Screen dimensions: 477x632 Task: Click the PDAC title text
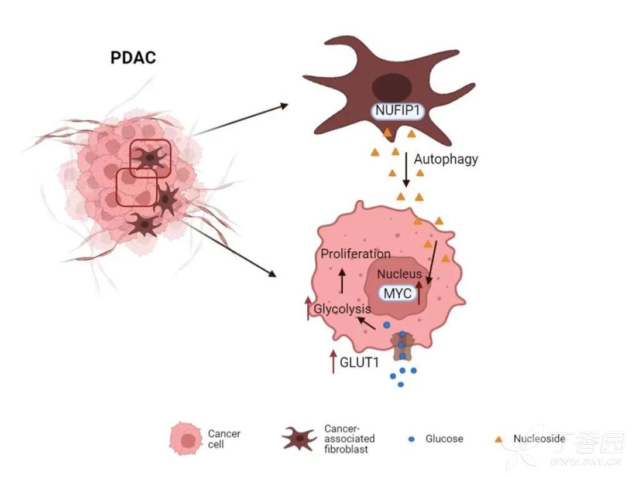tap(133, 58)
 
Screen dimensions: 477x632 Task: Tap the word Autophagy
tap(446, 159)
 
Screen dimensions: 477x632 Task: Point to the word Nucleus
tap(399, 274)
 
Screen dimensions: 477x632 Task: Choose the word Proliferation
tap(355, 254)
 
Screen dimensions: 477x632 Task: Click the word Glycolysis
tap(342, 309)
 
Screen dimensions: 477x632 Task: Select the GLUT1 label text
tap(359, 362)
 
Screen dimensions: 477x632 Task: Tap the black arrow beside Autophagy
tap(406, 170)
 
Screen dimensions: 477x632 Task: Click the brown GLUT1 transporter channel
tap(402, 346)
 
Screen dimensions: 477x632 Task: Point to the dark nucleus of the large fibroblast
tap(391, 87)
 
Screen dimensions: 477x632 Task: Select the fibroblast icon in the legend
tap(300, 439)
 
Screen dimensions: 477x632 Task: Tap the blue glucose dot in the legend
tap(411, 439)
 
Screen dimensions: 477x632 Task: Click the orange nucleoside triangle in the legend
tap(499, 438)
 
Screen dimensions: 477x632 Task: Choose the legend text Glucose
tap(444, 439)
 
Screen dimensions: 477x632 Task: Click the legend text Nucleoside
tap(539, 438)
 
